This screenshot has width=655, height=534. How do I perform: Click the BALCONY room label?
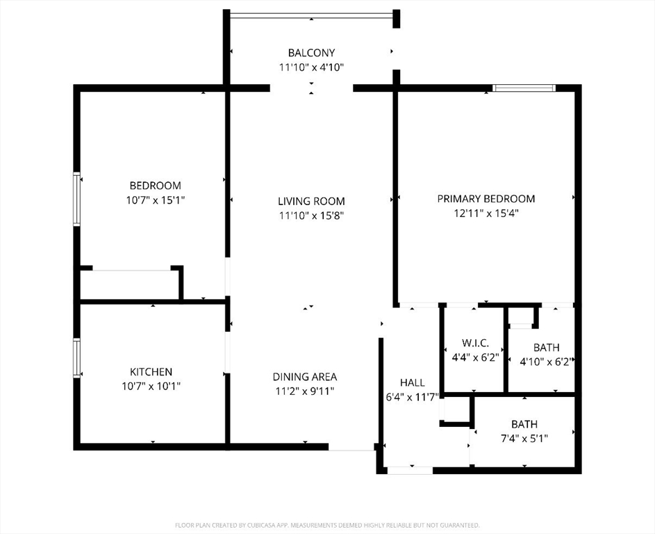(311, 53)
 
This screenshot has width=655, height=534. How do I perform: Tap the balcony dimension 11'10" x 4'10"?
(311, 67)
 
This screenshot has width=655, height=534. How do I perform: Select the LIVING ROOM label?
(311, 202)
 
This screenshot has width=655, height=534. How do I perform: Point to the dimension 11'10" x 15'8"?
(311, 216)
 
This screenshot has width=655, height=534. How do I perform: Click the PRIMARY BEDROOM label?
(486, 199)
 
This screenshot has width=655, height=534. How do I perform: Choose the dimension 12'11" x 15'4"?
(486, 213)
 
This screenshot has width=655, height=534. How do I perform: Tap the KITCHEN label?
(151, 372)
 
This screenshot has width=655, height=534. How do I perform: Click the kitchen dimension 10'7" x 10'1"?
(151, 386)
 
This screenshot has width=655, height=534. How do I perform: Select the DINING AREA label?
(304, 377)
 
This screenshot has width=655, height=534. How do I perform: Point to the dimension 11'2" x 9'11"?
(304, 391)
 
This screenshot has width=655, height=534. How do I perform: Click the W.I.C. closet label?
(475, 343)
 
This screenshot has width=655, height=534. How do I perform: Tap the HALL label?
(412, 382)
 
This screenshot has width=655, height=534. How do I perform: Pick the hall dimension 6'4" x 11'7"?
(412, 396)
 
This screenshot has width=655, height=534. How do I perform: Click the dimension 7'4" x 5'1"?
(524, 438)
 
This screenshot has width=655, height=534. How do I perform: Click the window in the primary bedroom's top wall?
(524, 88)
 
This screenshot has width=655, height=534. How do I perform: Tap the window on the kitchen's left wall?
(77, 357)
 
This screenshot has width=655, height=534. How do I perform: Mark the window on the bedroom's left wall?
(77, 199)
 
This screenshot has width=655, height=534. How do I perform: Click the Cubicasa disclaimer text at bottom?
(327, 525)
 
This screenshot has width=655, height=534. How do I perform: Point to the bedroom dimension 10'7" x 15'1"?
(155, 200)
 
